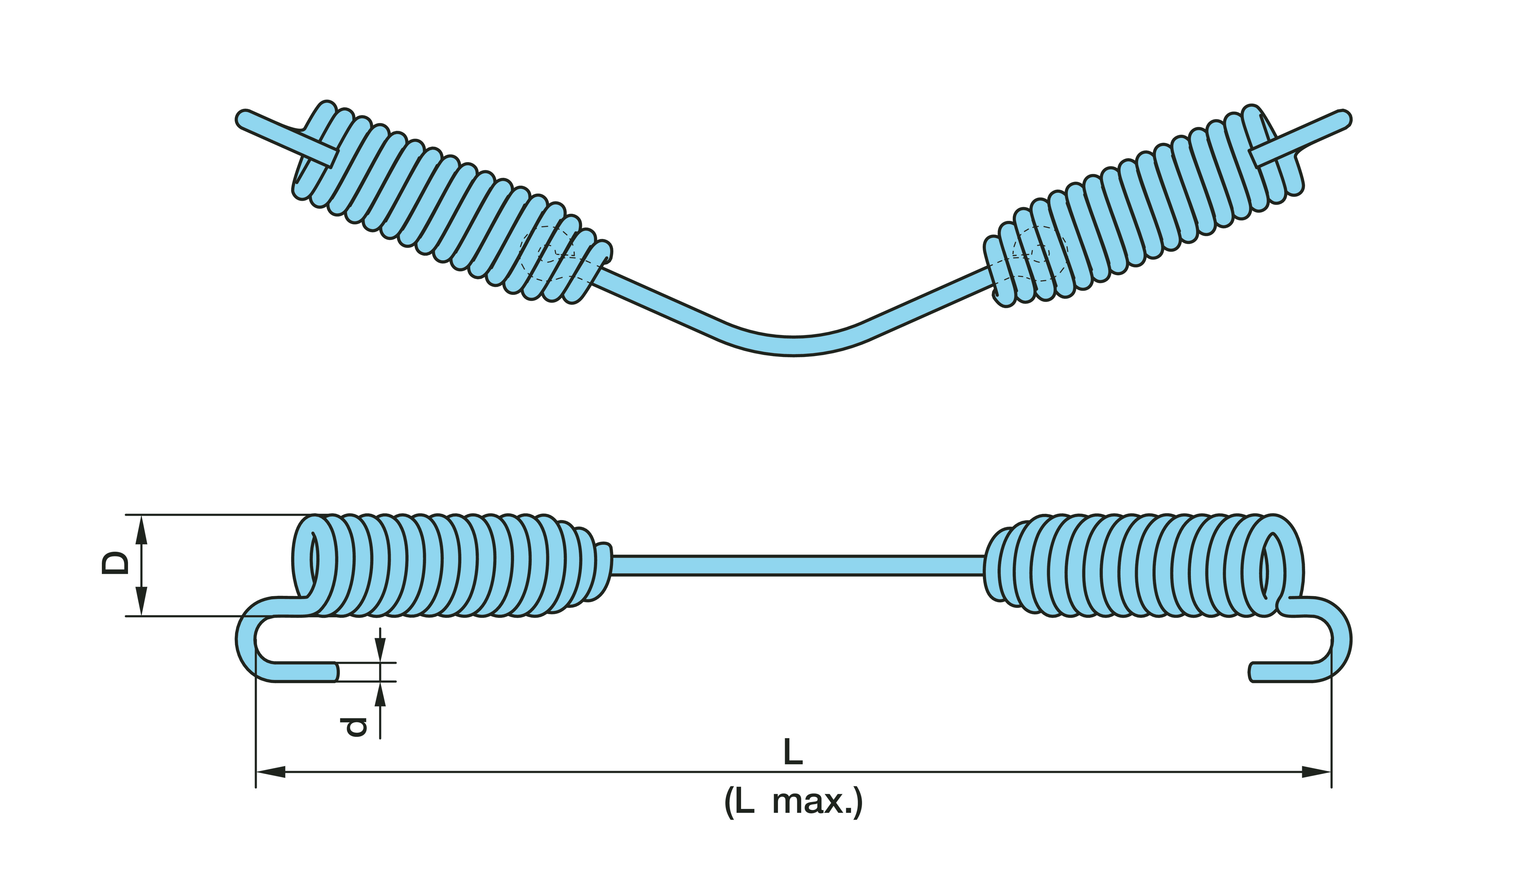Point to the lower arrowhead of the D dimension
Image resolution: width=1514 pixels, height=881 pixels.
click(x=141, y=601)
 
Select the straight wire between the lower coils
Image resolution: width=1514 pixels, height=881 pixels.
click(x=796, y=565)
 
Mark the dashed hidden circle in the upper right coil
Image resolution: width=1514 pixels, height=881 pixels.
click(x=1039, y=253)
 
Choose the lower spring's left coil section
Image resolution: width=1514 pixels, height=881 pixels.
click(x=445, y=565)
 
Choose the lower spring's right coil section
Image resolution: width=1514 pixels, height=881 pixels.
click(x=1142, y=565)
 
